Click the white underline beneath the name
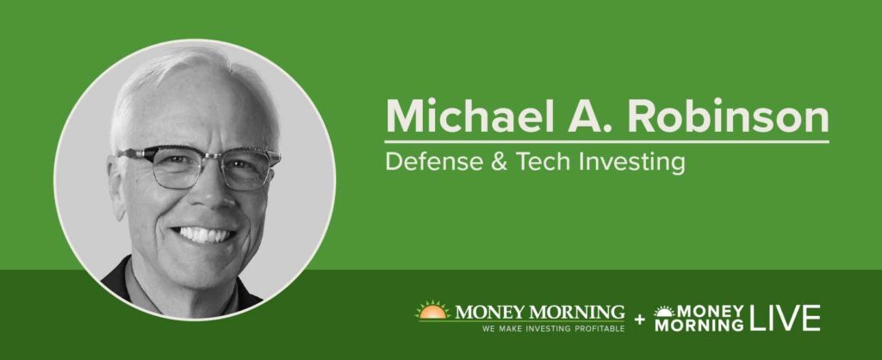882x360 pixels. click(x=607, y=141)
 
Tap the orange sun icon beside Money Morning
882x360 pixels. click(x=432, y=311)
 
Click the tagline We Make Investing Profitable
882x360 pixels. click(x=553, y=328)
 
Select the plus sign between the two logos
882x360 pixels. click(x=640, y=320)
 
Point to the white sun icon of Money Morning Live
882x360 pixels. click(x=664, y=311)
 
